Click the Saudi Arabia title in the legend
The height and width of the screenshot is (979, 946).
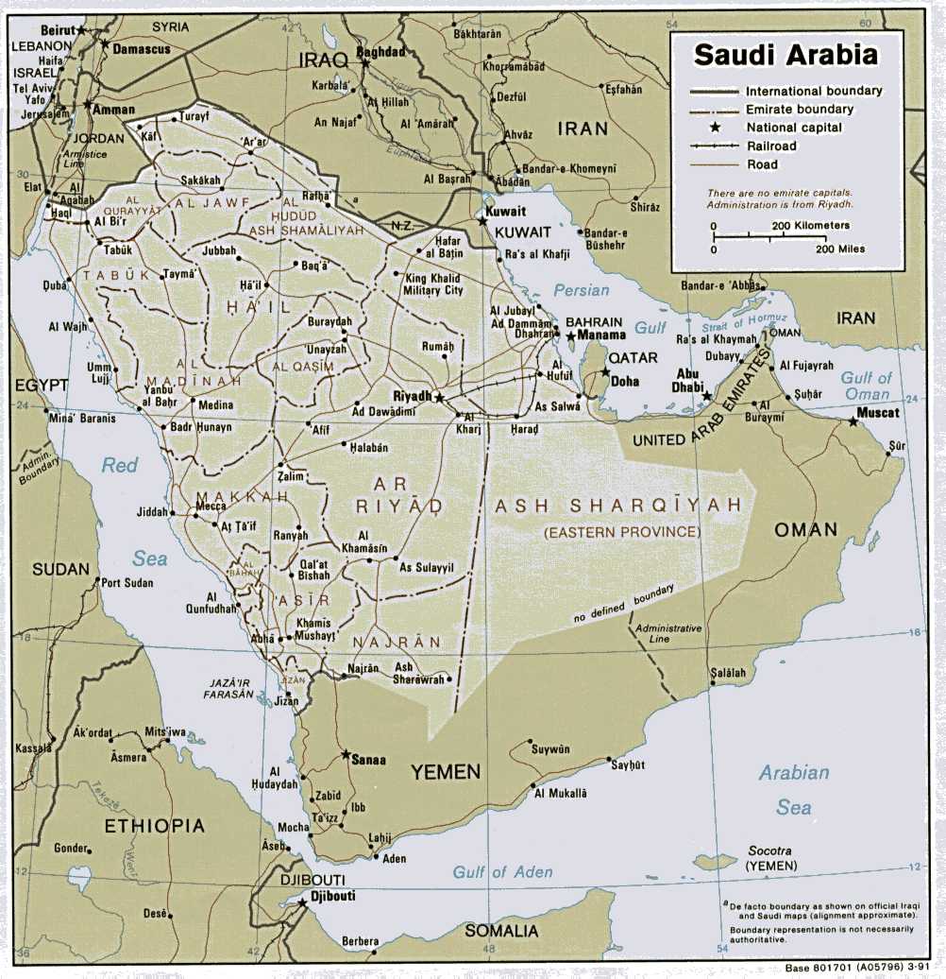point(786,54)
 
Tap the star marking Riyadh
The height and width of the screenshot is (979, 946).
point(439,398)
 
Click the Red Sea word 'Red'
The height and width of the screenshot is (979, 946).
point(120,465)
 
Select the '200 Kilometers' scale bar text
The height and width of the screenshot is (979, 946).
point(810,226)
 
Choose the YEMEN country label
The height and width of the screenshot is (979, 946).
point(445,772)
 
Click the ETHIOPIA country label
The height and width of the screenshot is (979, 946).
point(154,826)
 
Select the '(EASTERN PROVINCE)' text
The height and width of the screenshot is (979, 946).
point(621,533)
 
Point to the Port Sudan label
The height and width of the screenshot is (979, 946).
point(127,583)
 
